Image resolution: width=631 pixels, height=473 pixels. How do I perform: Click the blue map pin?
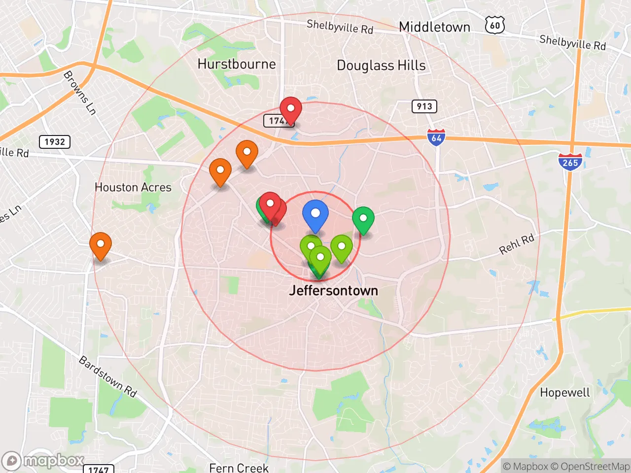[x=315, y=215]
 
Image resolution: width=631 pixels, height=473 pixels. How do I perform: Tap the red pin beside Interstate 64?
[x=291, y=109]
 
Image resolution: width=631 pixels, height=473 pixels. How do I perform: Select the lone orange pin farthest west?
[x=101, y=245]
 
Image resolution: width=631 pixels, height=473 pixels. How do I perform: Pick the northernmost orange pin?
[x=247, y=153]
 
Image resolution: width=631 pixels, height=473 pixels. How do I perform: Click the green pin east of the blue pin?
[x=363, y=219]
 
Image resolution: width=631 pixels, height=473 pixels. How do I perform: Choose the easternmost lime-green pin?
[x=342, y=247]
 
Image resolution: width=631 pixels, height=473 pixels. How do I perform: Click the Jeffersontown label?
[x=334, y=291]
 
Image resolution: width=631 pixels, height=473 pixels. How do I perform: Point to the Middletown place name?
[x=434, y=27]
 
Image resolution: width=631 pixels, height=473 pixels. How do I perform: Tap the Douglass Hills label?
[x=381, y=66]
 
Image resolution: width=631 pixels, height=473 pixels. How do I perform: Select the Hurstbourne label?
[x=237, y=64]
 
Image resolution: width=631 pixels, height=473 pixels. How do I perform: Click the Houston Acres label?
[x=133, y=187]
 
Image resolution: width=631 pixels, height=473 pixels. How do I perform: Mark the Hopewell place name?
[x=565, y=393]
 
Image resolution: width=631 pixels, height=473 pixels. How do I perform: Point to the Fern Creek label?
[x=239, y=467]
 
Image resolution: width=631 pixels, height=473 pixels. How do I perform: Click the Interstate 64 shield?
[x=436, y=137]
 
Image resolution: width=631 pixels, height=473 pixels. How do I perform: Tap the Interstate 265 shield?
[x=570, y=162]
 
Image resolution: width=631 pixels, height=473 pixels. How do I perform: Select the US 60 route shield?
[x=495, y=25]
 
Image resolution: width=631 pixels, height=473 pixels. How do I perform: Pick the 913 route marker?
[x=424, y=106]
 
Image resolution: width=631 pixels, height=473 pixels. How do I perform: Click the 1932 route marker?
[x=55, y=142]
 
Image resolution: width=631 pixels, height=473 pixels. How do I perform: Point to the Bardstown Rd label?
[x=108, y=376]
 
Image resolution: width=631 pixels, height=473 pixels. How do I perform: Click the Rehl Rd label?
[x=517, y=244]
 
